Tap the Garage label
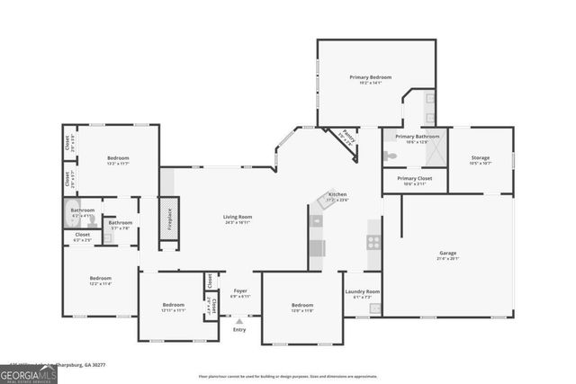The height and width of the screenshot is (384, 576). point(447,253)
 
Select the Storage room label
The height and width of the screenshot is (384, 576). point(480,157)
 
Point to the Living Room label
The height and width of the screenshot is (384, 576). point(238,217)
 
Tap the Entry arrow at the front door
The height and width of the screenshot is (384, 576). point(239,320)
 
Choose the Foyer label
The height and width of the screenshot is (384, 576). point(240,290)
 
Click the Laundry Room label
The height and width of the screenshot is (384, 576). point(363,291)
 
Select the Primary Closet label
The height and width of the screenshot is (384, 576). point(415,179)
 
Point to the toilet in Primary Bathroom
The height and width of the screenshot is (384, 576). point(390,155)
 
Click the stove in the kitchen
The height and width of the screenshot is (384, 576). point(373,241)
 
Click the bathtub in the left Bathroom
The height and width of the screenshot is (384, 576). point(77,216)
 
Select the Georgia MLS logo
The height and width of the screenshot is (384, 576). point(29,371)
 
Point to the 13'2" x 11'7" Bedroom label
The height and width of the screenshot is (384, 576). point(119,158)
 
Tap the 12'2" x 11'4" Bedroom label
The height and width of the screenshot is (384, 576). point(100,278)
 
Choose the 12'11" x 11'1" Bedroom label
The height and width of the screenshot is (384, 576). point(173,305)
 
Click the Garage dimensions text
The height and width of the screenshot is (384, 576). point(447,259)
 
